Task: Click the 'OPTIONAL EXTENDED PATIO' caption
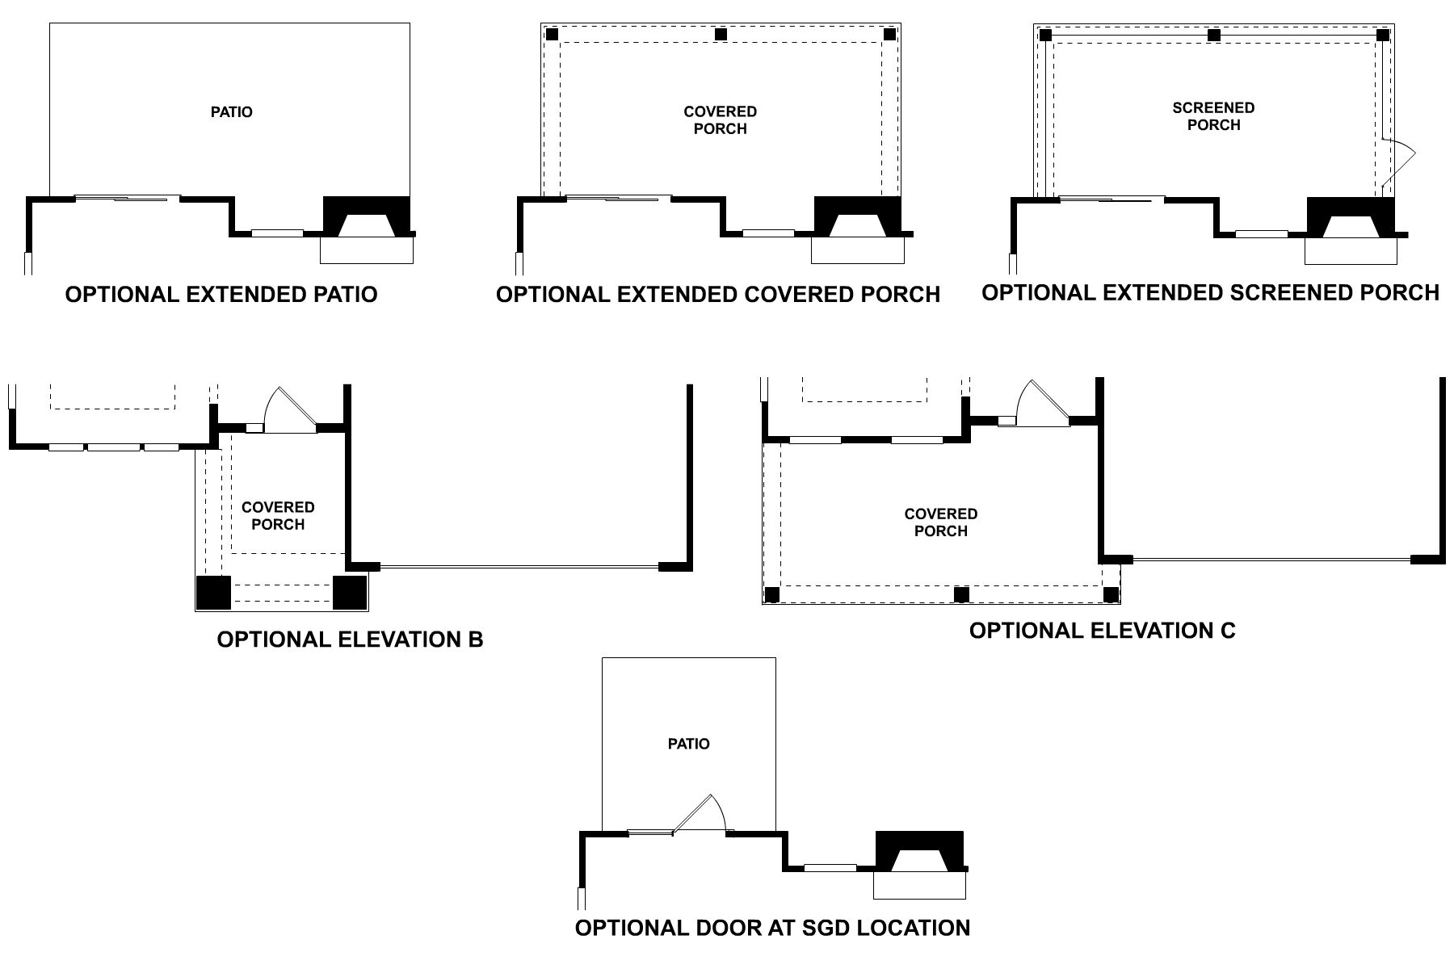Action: click(x=221, y=295)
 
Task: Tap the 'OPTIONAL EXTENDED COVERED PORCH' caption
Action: click(x=717, y=295)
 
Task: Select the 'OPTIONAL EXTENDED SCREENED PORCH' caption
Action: click(x=1210, y=292)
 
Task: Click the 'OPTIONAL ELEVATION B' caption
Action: click(x=350, y=640)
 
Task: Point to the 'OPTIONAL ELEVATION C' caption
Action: click(x=1102, y=631)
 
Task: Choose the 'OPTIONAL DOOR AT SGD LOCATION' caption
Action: click(x=772, y=928)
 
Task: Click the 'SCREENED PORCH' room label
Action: click(x=1213, y=116)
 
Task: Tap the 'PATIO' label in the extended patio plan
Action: click(x=231, y=112)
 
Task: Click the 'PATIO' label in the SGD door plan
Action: click(x=688, y=744)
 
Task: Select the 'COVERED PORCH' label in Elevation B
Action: click(x=278, y=516)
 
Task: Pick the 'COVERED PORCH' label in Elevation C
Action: click(x=940, y=522)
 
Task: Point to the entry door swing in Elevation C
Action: click(x=1042, y=403)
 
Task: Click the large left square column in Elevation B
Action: click(x=213, y=593)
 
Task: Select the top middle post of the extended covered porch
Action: click(x=721, y=35)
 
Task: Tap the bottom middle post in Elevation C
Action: click(x=960, y=595)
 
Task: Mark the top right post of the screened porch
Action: click(x=1382, y=36)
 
